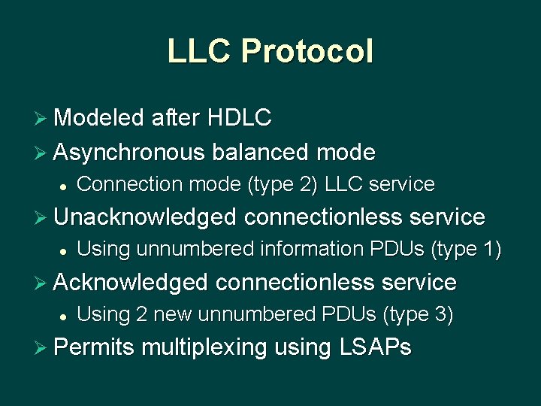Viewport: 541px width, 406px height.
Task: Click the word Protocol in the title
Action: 307,51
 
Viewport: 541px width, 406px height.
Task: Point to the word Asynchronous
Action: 129,153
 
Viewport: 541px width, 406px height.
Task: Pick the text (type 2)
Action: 279,184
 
